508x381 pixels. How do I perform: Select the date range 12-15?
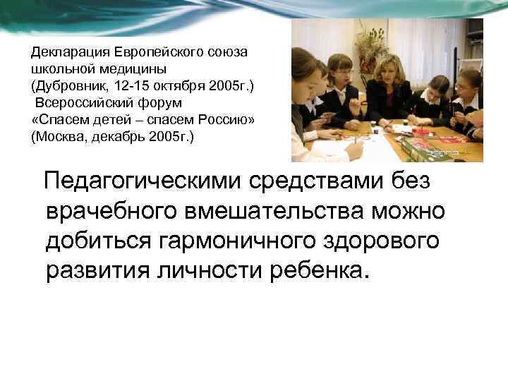coord(126,86)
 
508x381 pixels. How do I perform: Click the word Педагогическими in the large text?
coord(142,182)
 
